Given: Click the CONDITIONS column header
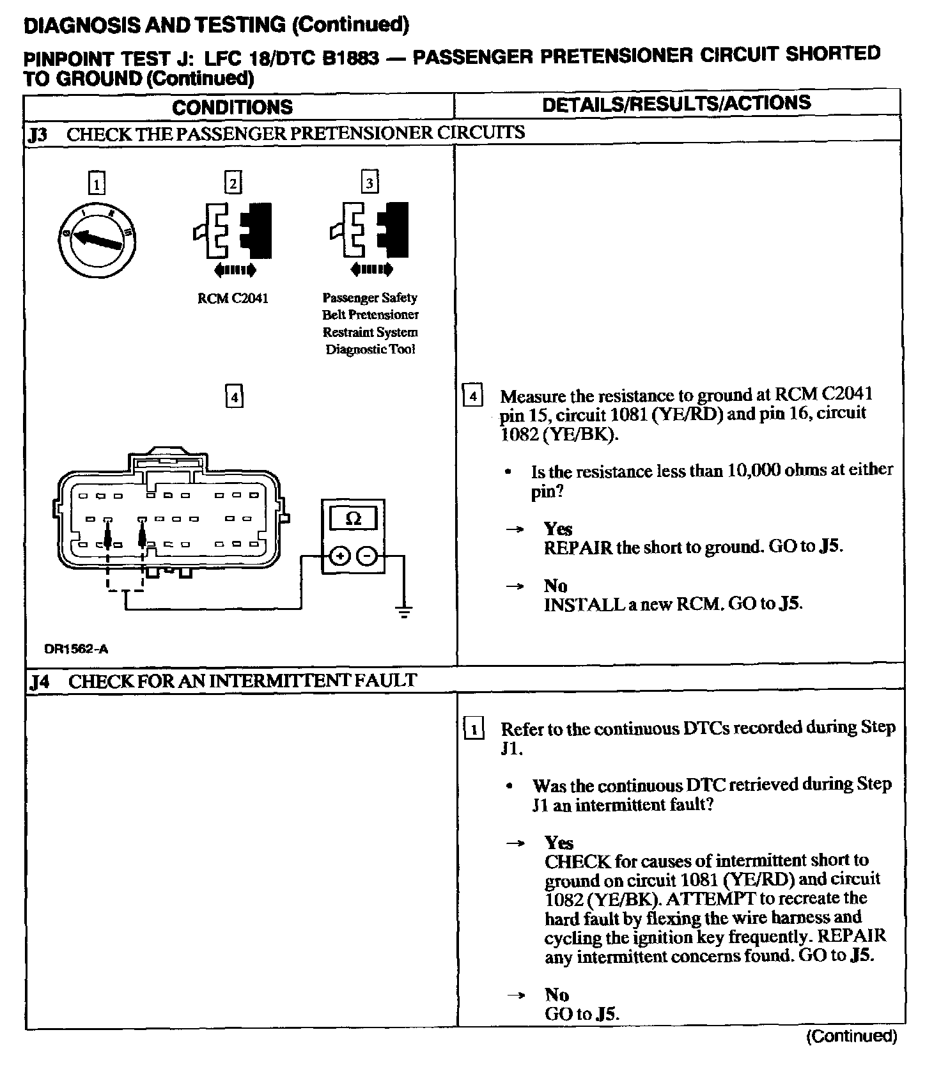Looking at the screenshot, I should tap(232, 106).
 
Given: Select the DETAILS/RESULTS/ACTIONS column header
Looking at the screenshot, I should tap(676, 104).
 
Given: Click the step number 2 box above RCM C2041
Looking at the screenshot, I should tap(233, 183).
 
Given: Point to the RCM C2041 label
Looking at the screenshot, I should tap(233, 299).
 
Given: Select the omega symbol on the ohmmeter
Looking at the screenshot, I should tap(353, 519).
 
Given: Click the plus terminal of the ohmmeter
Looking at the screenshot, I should tap(339, 556).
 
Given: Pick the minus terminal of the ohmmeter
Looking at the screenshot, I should tap(367, 556).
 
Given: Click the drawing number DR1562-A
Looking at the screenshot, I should tap(76, 649).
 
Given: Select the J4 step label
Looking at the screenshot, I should tap(40, 682).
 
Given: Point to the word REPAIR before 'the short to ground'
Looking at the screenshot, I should tap(578, 548).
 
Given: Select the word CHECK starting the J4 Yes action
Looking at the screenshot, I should tap(577, 861).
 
